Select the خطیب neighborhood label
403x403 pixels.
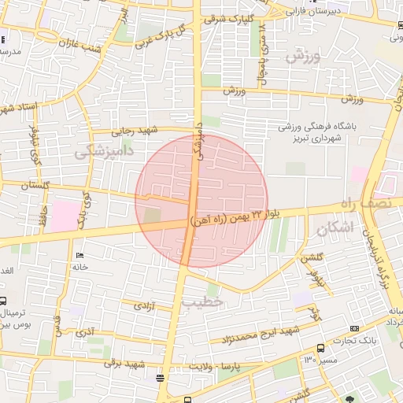[x=202, y=301]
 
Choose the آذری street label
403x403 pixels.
[x=84, y=334]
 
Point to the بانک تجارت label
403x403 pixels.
[x=361, y=340]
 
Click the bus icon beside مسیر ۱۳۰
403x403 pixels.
[x=320, y=349]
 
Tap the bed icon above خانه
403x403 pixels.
[x=79, y=256]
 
